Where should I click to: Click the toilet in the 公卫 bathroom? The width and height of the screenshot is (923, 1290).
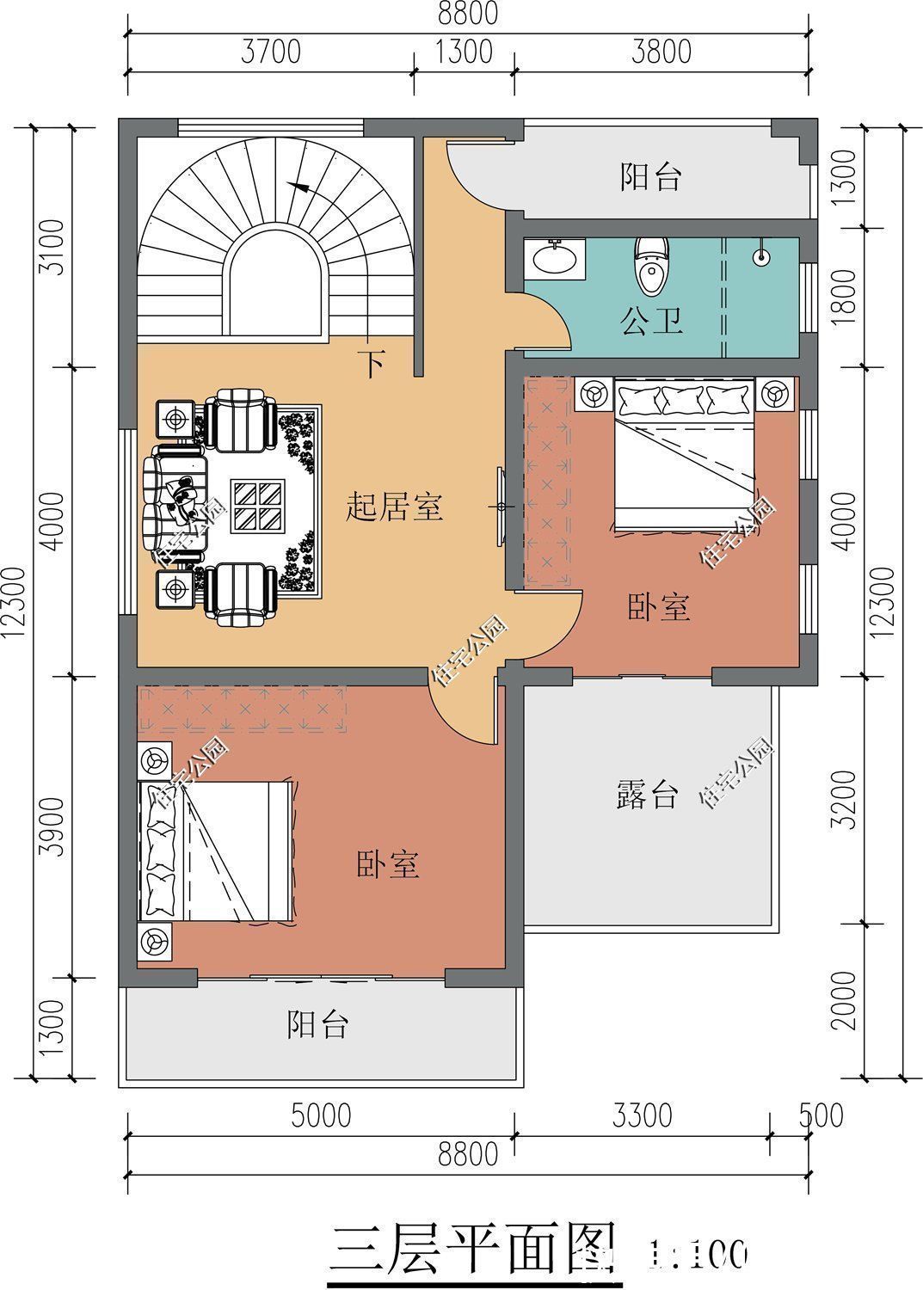point(651,263)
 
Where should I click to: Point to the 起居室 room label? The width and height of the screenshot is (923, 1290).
point(394,507)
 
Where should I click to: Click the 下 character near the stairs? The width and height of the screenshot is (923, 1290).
point(371,364)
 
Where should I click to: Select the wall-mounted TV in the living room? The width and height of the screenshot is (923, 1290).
point(501,507)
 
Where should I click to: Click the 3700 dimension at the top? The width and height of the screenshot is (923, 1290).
point(270,52)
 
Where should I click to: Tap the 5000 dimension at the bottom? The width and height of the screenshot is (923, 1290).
point(320,1115)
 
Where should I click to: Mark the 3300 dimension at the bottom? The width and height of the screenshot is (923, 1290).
point(642,1115)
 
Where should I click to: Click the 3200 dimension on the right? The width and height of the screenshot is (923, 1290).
point(847,799)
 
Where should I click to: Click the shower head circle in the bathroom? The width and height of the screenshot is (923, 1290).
point(760,256)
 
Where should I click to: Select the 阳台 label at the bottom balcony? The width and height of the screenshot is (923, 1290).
point(317,1024)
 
